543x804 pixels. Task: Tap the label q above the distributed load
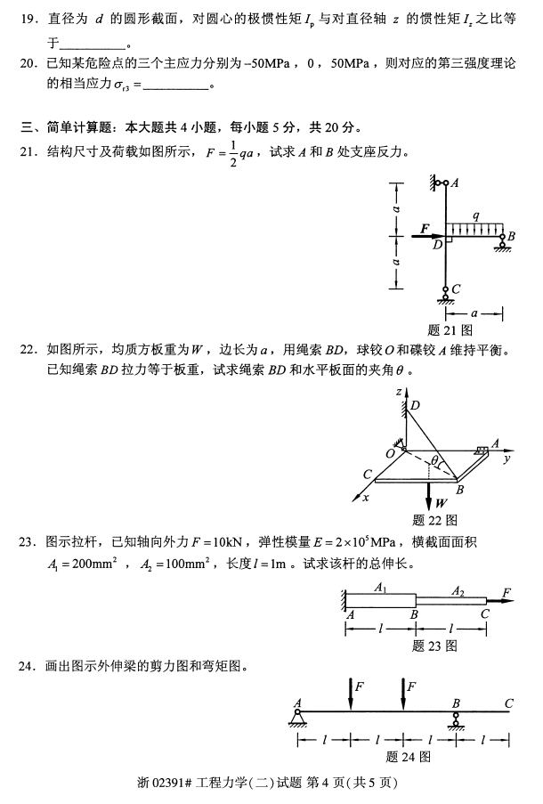click(476, 215)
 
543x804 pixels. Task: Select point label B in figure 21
click(511, 236)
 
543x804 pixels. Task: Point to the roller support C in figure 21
click(446, 295)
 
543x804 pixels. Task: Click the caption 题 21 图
click(450, 329)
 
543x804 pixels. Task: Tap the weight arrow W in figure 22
click(429, 493)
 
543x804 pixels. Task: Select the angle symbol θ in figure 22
click(434, 460)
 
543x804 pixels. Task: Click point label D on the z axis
click(416, 405)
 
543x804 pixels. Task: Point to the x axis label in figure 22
click(366, 498)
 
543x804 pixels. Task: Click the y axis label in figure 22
click(507, 459)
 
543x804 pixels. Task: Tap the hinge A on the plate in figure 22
click(482, 450)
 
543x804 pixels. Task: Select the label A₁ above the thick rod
click(380, 587)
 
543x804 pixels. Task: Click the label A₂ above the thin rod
click(458, 591)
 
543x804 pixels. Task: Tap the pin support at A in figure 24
click(297, 719)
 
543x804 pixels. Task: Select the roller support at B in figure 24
click(456, 720)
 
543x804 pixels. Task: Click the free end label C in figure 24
click(508, 703)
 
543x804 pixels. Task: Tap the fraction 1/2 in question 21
click(233, 152)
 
